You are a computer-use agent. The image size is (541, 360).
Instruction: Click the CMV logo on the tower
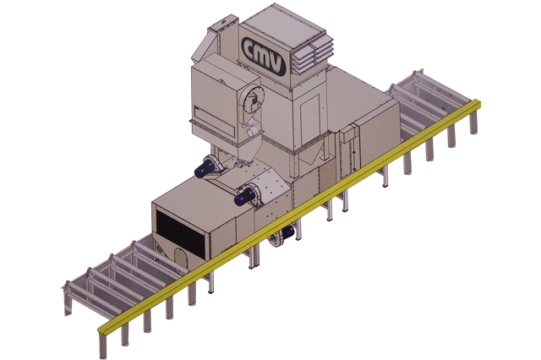point(264,56)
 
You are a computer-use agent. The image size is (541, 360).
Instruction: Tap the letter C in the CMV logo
point(251,49)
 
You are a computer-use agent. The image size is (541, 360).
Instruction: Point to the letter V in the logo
point(277,64)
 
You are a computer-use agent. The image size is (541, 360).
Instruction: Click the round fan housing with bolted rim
point(251,100)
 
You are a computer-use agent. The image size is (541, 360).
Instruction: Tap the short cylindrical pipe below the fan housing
point(254,131)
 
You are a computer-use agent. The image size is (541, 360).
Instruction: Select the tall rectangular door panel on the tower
point(310,120)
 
